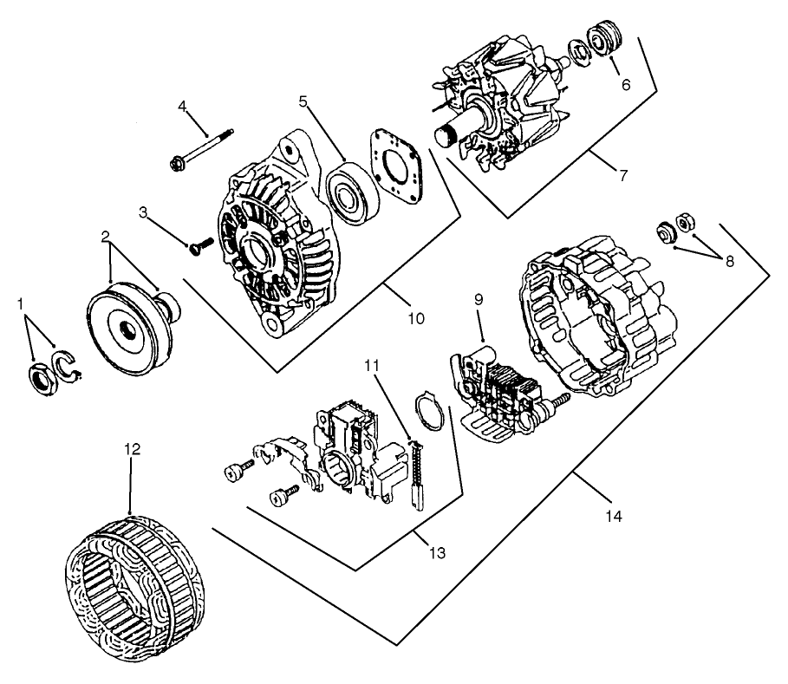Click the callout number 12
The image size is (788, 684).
(x=131, y=449)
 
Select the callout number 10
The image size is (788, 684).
(x=415, y=318)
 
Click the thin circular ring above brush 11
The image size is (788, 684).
(x=431, y=409)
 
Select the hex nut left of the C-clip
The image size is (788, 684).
(x=40, y=377)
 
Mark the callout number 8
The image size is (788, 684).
(x=730, y=260)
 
